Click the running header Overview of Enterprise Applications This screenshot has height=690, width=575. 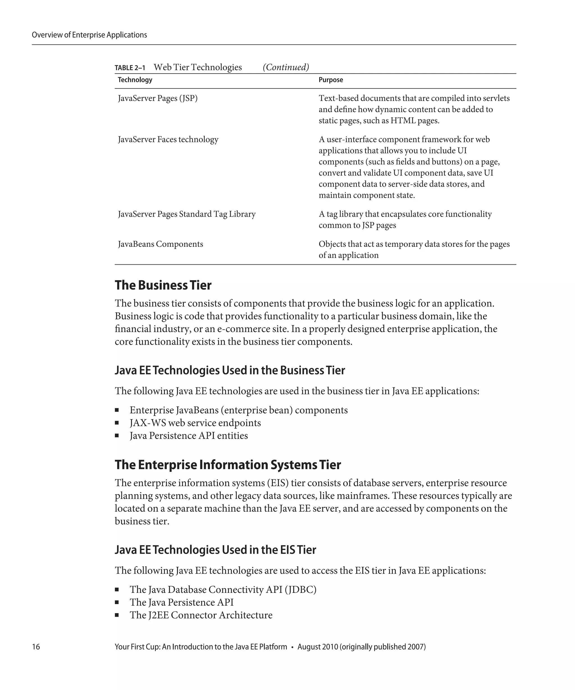click(89, 35)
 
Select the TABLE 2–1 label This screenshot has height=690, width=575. click(130, 68)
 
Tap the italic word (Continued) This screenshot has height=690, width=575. click(286, 67)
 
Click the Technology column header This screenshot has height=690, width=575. click(135, 80)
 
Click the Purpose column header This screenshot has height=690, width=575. click(330, 80)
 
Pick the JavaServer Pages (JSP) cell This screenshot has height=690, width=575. click(158, 98)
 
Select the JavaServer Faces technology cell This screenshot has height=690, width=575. click(168, 139)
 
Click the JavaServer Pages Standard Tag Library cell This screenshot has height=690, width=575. click(187, 214)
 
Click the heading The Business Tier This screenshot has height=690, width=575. click(163, 285)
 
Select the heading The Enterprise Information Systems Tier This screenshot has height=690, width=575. click(228, 465)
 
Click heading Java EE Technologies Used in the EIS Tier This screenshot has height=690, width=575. click(215, 550)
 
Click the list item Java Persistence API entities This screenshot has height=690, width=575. click(189, 436)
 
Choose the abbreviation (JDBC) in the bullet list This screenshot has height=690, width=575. click(300, 590)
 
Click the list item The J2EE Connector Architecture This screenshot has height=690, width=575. click(201, 615)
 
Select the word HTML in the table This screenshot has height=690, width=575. click(403, 121)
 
